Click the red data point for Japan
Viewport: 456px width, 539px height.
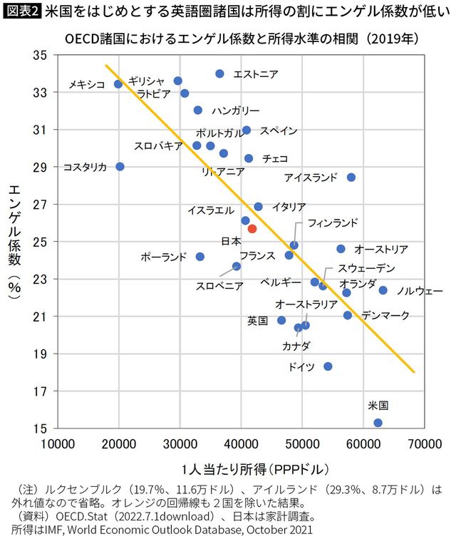pos(252,229)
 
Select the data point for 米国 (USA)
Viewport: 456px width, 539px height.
pos(378,423)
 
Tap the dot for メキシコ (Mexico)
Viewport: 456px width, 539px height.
pos(118,84)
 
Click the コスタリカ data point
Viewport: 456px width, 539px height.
pos(120,167)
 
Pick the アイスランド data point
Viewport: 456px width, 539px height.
pos(351,178)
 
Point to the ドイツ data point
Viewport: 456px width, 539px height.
pos(328,366)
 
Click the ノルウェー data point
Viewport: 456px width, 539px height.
pos(383,290)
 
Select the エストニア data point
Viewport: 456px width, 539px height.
pos(219,74)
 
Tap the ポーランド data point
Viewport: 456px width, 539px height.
pos(200,257)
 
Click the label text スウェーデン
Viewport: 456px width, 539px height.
pos(366,268)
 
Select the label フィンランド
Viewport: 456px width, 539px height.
pos(333,223)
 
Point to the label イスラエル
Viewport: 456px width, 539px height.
pos(210,210)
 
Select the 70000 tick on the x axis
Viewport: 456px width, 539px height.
pos(423,444)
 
